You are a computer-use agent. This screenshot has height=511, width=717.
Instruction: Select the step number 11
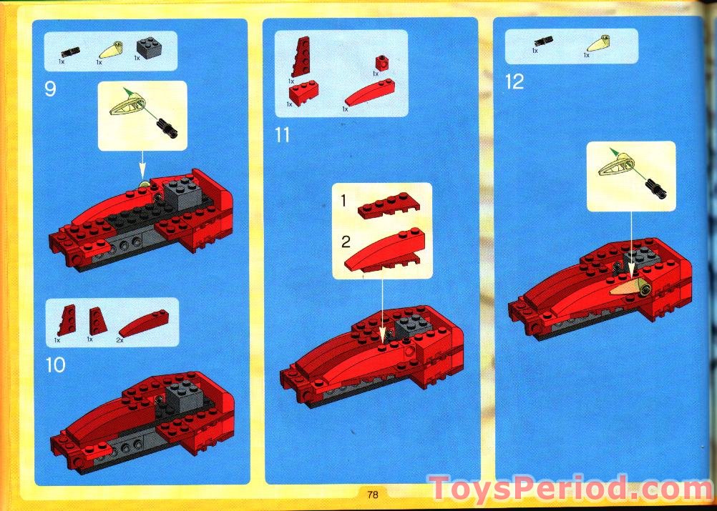pos(283,134)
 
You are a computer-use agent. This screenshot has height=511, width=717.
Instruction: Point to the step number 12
pos(514,81)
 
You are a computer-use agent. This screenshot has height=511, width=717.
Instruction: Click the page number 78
pos(372,494)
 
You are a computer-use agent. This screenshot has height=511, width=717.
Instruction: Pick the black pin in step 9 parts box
pos(70,51)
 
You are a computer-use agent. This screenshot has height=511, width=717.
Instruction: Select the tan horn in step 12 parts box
pos(599,43)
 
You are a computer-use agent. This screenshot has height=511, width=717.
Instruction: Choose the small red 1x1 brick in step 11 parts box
pos(383,62)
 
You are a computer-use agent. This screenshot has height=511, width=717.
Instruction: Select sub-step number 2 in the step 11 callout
pos(346,238)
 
